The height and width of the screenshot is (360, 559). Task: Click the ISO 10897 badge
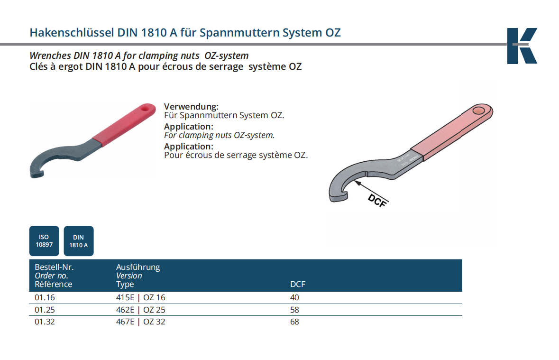(44, 241)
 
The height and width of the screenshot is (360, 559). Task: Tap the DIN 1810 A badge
(78, 241)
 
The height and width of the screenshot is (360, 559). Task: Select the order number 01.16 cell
(45, 297)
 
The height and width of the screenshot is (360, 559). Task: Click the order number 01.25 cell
(45, 310)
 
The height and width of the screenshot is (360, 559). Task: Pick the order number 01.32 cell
(45, 322)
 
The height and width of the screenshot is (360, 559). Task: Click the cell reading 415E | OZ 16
(140, 297)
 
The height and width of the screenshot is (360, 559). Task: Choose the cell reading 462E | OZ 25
(140, 310)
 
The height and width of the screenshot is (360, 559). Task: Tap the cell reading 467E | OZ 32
(140, 322)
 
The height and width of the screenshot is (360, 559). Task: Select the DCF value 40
(294, 297)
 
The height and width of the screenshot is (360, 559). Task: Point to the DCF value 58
(294, 310)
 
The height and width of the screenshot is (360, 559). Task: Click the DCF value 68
(294, 322)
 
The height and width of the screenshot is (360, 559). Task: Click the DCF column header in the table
(298, 284)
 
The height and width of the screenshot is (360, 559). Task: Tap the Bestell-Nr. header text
(54, 267)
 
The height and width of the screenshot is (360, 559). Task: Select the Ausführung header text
(138, 267)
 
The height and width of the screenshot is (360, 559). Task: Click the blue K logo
(522, 46)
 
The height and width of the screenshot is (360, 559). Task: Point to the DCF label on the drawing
(377, 201)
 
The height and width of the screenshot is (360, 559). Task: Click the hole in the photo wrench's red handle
(145, 108)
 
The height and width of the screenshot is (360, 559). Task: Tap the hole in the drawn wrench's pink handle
(479, 111)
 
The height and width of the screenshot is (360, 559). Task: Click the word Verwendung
(191, 107)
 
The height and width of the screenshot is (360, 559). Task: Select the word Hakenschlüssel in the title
(72, 32)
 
